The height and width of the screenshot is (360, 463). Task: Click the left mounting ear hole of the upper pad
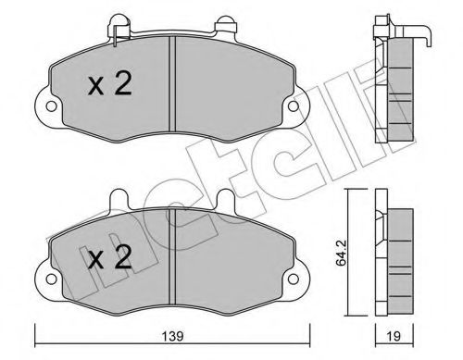tap(44, 107)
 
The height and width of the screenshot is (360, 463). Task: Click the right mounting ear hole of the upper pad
tap(294, 107)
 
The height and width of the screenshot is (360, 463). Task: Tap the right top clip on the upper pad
tap(224, 25)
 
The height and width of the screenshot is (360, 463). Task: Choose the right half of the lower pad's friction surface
tap(231, 259)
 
